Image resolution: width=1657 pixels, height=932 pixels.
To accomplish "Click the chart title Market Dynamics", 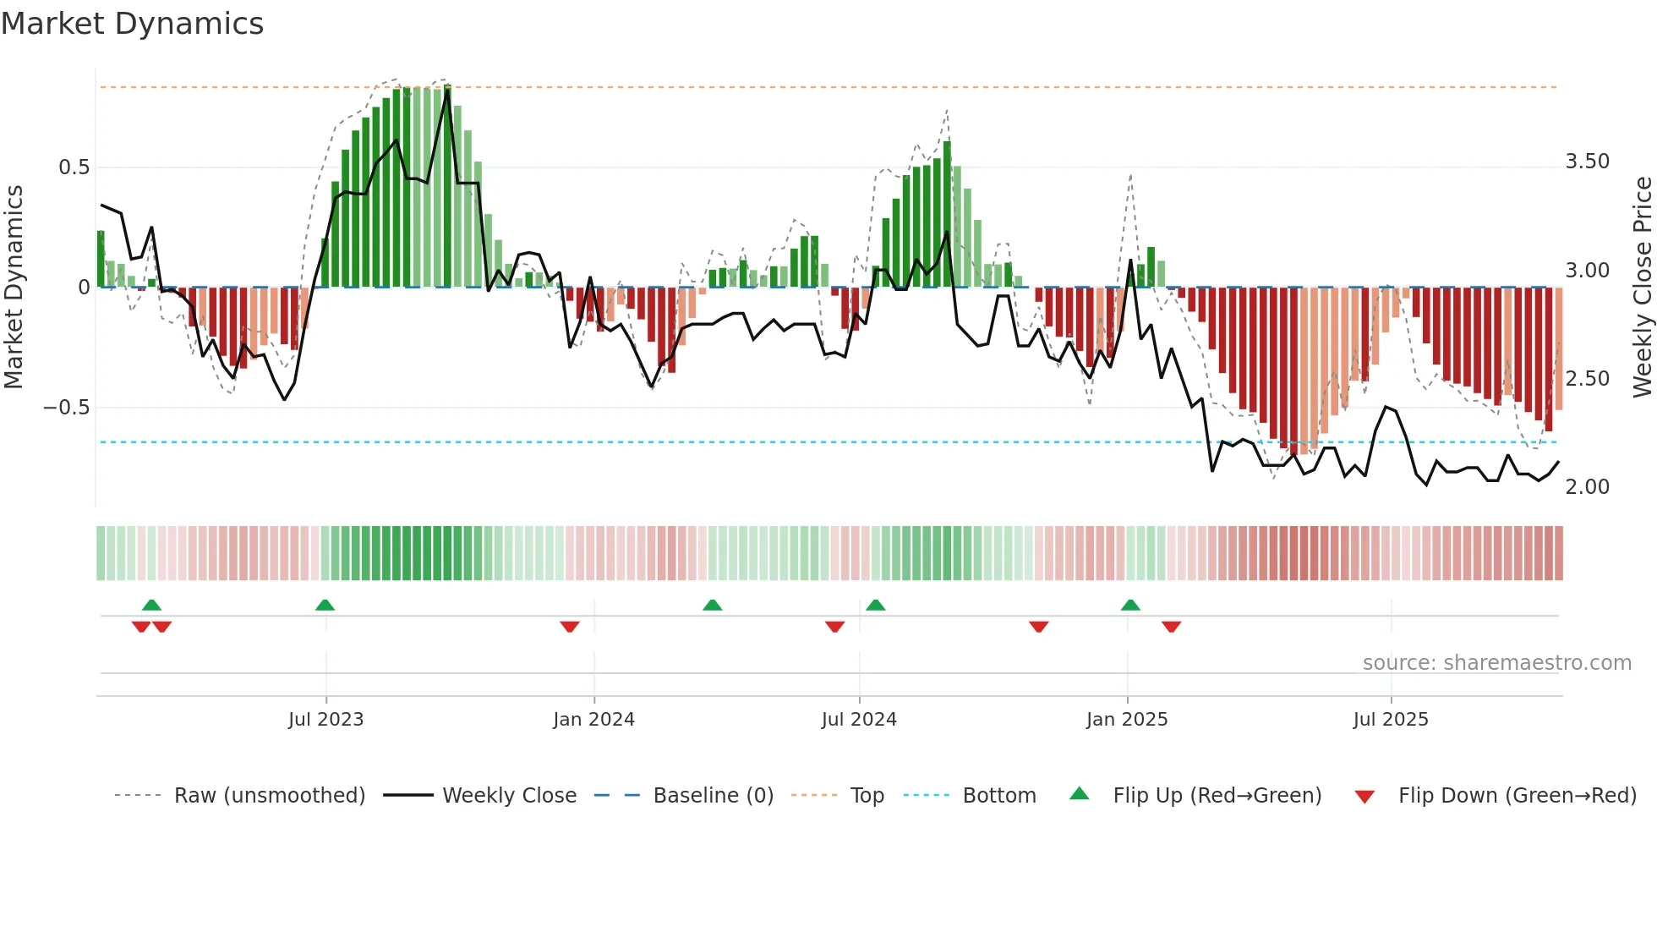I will [x=132, y=24].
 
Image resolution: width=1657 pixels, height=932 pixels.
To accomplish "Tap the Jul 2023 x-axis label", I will [x=325, y=720].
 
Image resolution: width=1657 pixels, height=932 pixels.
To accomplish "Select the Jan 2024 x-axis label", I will [x=593, y=720].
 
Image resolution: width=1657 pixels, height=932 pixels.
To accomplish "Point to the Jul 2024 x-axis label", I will [x=859, y=720].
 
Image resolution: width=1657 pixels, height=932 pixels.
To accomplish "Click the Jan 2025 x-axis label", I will [x=1127, y=720].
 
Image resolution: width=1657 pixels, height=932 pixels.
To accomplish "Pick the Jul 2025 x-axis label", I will [x=1391, y=720].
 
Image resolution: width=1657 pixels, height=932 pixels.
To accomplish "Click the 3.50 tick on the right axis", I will [x=1587, y=162].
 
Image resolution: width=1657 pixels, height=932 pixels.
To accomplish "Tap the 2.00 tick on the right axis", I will [x=1587, y=487].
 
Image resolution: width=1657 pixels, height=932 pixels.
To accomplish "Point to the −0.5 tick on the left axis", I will [x=66, y=408].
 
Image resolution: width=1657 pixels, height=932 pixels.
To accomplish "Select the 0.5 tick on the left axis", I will [x=74, y=167].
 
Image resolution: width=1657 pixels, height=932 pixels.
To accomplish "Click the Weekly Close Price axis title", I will [x=1642, y=287].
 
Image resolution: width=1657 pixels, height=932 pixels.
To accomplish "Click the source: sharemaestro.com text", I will [x=1496, y=663].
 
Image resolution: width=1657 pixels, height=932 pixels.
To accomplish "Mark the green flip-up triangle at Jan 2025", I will [x=1130, y=606].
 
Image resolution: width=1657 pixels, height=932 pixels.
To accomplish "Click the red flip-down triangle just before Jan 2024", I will [x=570, y=627].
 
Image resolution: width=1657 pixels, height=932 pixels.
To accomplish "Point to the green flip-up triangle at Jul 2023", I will [x=325, y=606].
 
